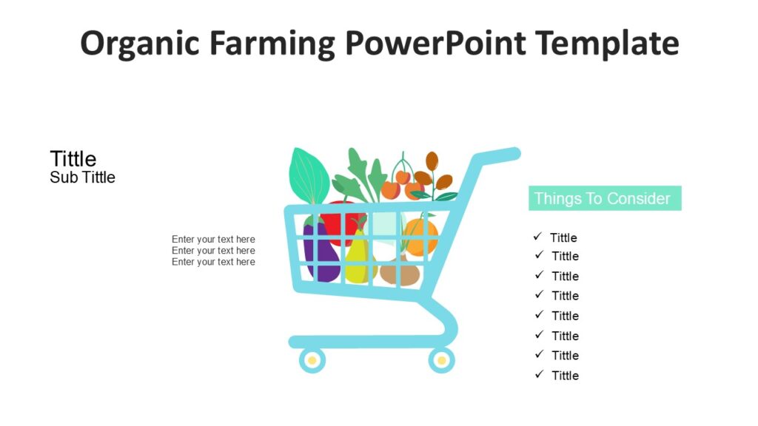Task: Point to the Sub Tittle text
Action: tap(83, 177)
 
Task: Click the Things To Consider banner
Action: tap(604, 198)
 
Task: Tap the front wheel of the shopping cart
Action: tap(312, 360)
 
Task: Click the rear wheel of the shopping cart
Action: tap(442, 360)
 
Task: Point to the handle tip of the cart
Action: tap(511, 153)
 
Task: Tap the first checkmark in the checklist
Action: tap(537, 237)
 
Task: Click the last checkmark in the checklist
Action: tap(539, 374)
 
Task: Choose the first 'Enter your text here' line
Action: tap(213, 239)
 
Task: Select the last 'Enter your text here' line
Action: tap(213, 262)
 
